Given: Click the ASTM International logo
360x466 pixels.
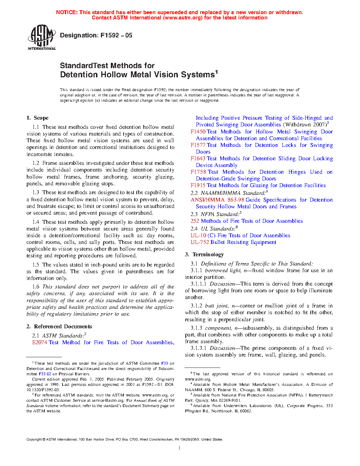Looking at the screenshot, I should tap(42, 37).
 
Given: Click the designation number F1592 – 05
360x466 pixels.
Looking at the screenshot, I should tap(116, 35).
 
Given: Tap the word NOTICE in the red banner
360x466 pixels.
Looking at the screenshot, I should tap(66, 12).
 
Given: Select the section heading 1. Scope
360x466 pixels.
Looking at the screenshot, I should tap(37, 118).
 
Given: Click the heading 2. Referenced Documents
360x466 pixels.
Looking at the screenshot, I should tap(59, 327).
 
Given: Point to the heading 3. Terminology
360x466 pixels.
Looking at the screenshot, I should tap(204, 255).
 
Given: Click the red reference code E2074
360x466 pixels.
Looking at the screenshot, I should tap(40, 342).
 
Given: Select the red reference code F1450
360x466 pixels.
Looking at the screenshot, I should tap(198, 132).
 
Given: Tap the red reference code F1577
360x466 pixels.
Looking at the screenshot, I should tap(198, 145).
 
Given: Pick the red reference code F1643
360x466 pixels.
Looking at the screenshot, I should tap(198, 159).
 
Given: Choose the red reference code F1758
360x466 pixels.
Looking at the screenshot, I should tap(198, 172).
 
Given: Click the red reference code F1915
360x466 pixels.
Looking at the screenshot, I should tap(198, 185).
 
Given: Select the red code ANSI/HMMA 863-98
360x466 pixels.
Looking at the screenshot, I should tap(217, 200).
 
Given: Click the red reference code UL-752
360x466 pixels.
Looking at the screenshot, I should tap(200, 242).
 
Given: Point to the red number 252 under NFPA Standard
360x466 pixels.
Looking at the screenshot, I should tap(195, 221).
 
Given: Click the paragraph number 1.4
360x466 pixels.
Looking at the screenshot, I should tap(36, 222).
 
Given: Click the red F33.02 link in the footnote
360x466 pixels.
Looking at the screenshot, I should tap(45, 374).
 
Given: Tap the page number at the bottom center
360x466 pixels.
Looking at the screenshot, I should tap(180, 448).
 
